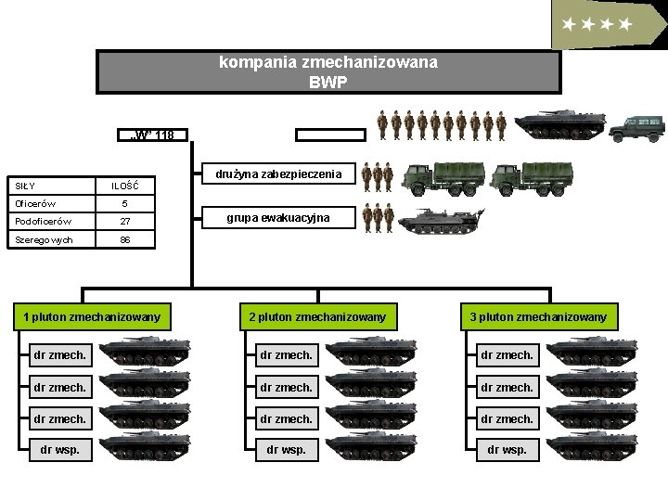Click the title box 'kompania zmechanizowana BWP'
pos(328,71)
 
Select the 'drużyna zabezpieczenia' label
pos(278,173)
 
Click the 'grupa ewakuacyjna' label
pos(278,218)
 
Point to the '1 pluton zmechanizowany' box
pos(91,317)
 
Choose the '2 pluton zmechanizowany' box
pos(317,317)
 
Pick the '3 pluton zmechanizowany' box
pos(538,317)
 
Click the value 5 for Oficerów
pos(125,203)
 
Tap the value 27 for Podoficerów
pos(125,221)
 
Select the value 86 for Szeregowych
pos(125,239)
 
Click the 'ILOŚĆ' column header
pos(125,186)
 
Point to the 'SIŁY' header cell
pos(19,186)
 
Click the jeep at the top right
pos(637,128)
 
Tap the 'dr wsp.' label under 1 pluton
pos(60,450)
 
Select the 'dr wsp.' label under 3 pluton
pos(507,450)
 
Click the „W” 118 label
pos(154,135)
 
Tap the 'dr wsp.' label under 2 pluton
pos(286,450)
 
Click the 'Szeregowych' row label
pos(37,239)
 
